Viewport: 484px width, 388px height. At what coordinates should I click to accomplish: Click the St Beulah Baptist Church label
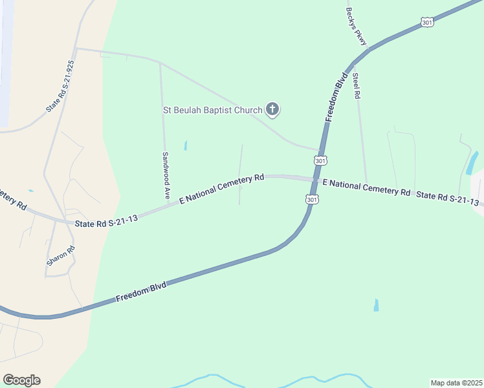pos(212,110)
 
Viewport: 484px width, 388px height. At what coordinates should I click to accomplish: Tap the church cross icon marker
pos(272,110)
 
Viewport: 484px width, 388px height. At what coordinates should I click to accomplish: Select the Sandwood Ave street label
pos(166,167)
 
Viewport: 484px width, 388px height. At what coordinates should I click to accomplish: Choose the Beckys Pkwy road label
pos(357,27)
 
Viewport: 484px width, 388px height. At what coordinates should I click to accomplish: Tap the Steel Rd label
pos(356,86)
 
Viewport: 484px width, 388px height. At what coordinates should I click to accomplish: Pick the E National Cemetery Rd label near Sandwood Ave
pos(222,188)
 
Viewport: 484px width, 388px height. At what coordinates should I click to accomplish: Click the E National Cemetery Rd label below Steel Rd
pos(366,188)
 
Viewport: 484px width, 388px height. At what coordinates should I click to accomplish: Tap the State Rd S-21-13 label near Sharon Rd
pos(106,221)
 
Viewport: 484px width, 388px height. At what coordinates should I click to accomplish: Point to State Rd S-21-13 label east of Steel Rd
pos(448,198)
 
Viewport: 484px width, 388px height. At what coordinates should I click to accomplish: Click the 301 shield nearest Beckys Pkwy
pos(427,23)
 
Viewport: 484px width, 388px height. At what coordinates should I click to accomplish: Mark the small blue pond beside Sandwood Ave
pos(186,145)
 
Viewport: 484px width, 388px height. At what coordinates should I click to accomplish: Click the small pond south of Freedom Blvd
pos(376,305)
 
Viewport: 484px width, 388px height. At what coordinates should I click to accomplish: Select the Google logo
pos(21,380)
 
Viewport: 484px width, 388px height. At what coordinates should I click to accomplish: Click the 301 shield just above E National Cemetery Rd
pos(320,160)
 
